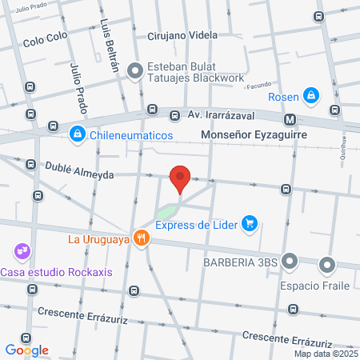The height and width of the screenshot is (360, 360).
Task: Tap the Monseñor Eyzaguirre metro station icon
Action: point(290,120)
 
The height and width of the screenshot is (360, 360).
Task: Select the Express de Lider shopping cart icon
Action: point(250,223)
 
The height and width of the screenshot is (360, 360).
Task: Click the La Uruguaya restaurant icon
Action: point(142,238)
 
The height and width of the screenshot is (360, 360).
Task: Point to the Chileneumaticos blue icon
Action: point(78,134)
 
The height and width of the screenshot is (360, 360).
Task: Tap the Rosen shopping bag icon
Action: point(313,98)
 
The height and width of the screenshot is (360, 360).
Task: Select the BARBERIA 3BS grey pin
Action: point(290,261)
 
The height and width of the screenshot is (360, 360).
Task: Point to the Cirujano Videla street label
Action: point(183,36)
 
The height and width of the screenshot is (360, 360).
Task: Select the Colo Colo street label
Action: point(43,42)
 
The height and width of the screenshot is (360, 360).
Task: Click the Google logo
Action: point(27,350)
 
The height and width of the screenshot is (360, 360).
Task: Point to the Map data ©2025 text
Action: point(325,354)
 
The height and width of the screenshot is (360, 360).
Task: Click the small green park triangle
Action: point(166,212)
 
